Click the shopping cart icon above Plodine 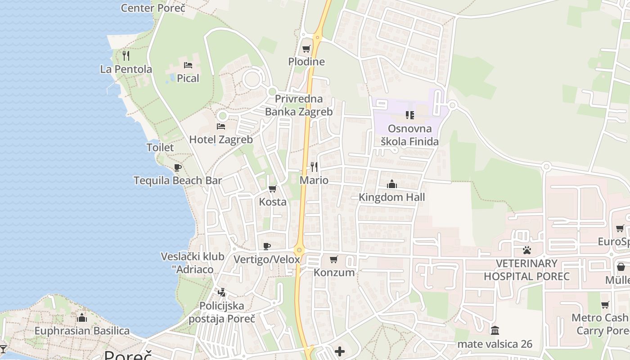pos(306,49)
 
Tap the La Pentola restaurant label pos(126,69)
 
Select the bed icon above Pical pos(188,65)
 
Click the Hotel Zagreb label pos(221,139)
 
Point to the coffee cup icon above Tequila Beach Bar pos(178,168)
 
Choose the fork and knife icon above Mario pos(314,167)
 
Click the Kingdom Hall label pos(391,197)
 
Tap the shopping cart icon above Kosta pos(272,189)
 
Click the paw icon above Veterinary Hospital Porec pos(527,250)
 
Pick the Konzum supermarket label pos(334,272)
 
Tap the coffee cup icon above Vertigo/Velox pos(267,246)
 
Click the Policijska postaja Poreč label pos(222,312)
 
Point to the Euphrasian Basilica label pos(82,331)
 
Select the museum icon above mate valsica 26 pos(495,331)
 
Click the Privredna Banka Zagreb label pos(299,105)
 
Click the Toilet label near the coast pos(160,147)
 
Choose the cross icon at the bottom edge pos(340,351)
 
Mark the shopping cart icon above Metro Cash pos(605,305)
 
